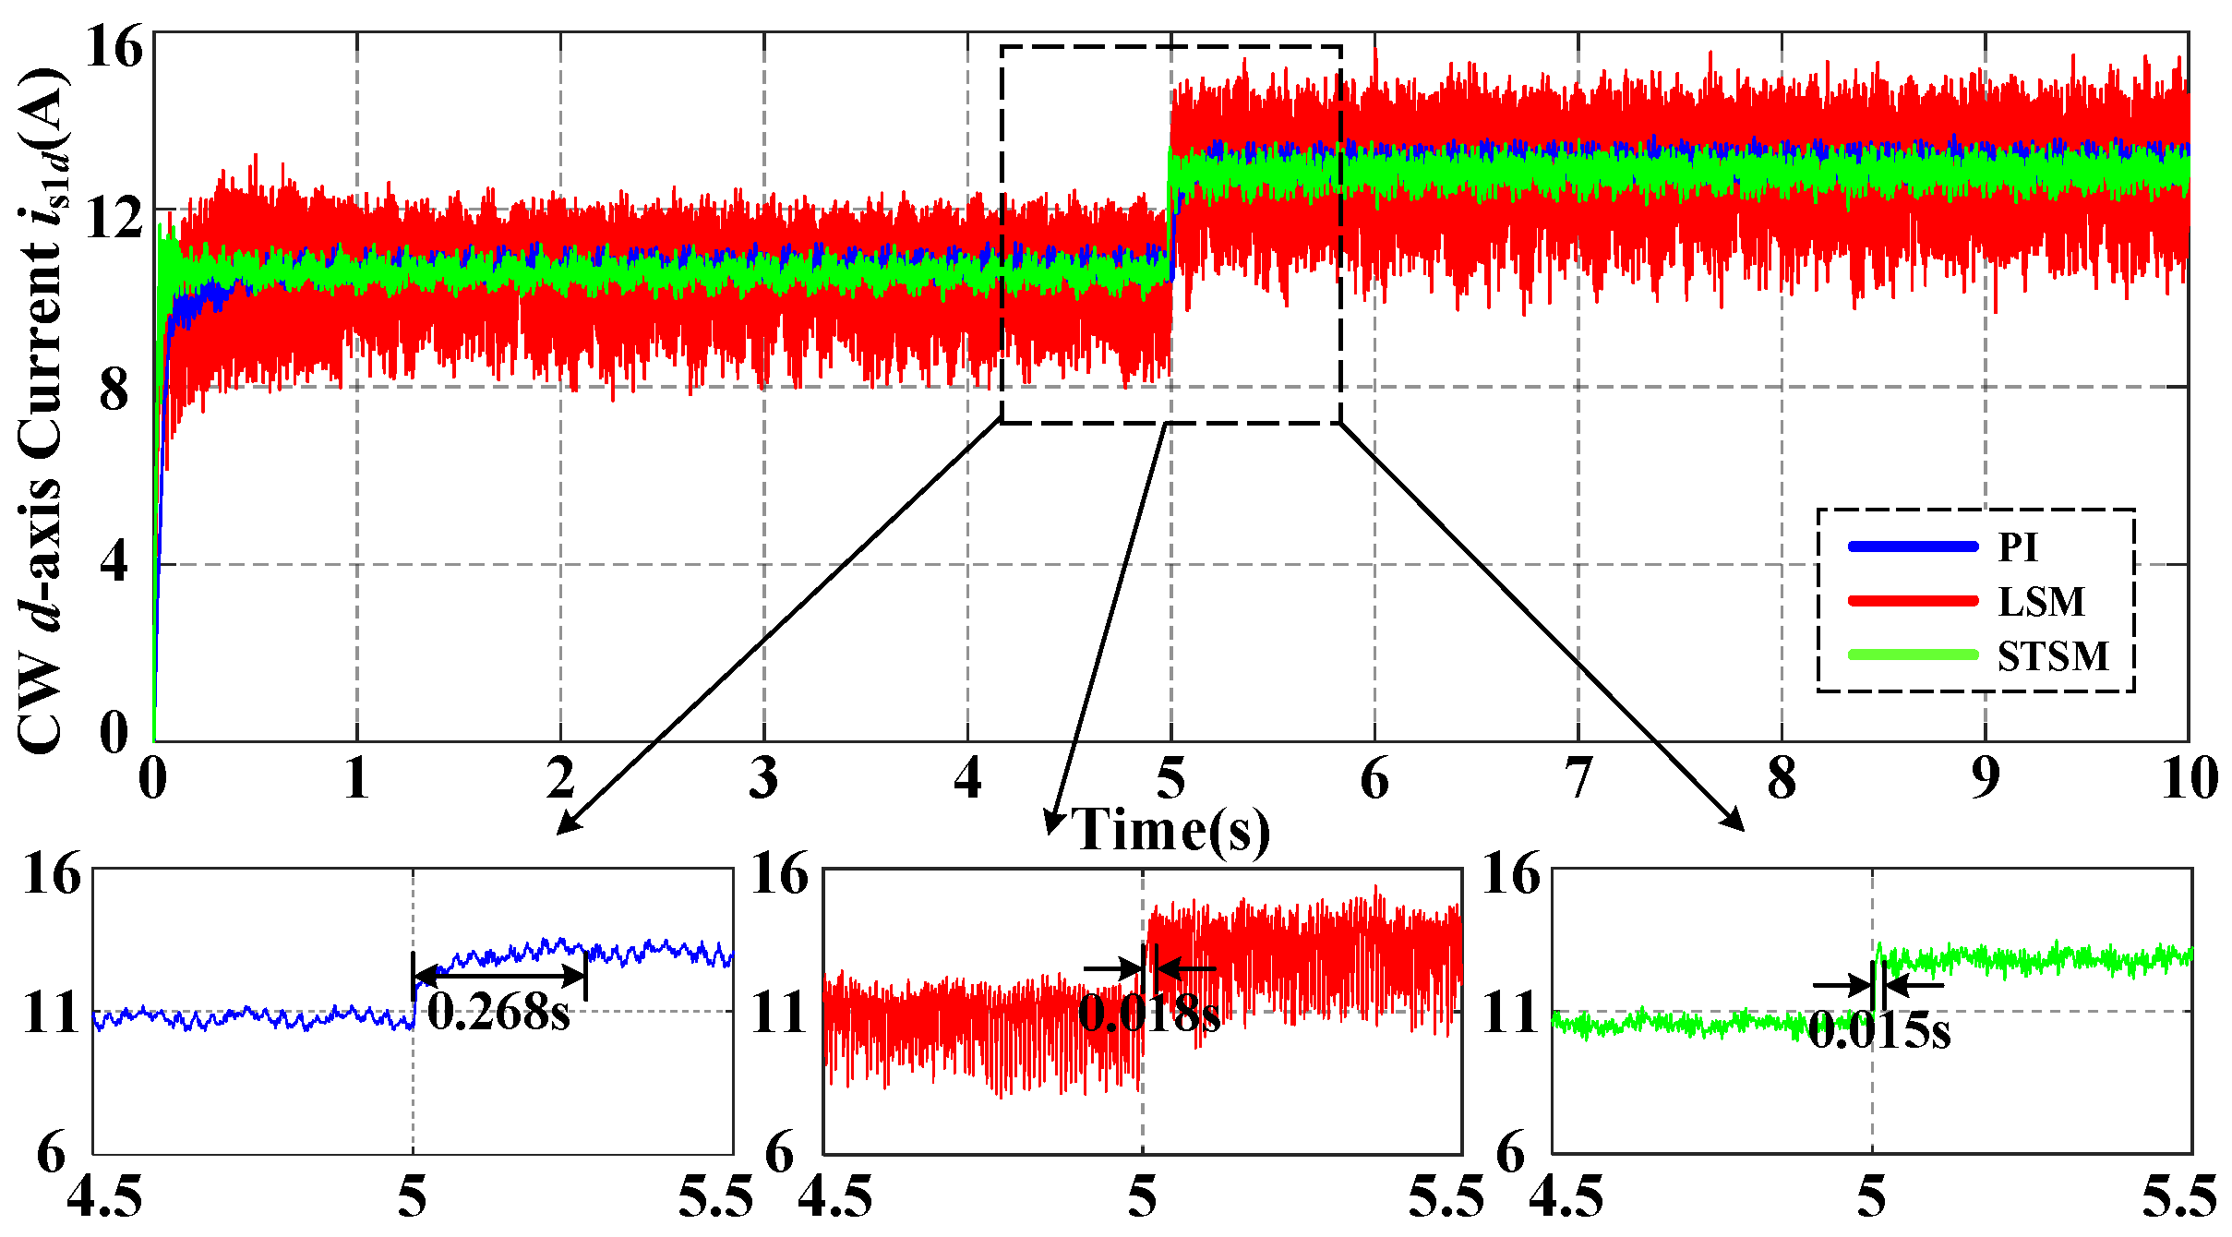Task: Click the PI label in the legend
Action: point(2017,547)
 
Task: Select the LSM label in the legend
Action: point(2041,602)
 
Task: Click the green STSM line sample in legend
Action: point(1913,655)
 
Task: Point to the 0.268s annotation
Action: point(498,1014)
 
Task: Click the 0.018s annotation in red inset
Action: point(1148,1014)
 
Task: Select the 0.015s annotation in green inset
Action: point(1879,1030)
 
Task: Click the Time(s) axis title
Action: point(1170,829)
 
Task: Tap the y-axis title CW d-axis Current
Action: point(41,411)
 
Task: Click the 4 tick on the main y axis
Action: point(114,561)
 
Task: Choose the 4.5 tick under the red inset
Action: point(834,1198)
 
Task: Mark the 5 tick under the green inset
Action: point(1872,1198)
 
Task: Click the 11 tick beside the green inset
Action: point(1511,1014)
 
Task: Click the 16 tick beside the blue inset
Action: point(53,873)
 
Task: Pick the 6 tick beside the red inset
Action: point(780,1155)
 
